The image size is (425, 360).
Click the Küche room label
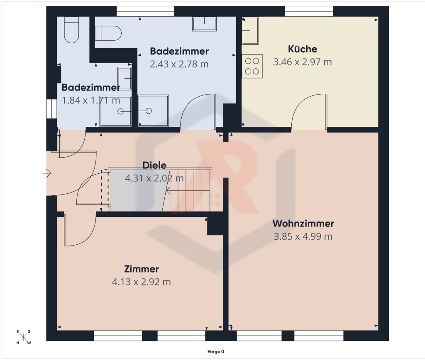coord(303,49)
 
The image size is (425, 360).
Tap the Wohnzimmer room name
coord(303,224)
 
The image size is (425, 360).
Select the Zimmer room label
coord(142,269)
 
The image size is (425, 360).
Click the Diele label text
coord(154,165)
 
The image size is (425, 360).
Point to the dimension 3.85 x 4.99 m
coord(303,236)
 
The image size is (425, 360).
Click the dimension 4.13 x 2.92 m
coord(142,282)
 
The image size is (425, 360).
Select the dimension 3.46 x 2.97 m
coord(303,62)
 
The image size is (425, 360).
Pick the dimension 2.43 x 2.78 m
coord(179,64)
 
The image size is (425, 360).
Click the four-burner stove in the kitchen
coord(252,66)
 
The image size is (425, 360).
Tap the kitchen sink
coord(250,31)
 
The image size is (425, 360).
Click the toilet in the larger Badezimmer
coord(108,33)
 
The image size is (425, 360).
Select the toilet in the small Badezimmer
coord(71,30)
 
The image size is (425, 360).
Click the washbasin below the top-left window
coord(204,24)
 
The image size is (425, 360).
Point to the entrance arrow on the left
coord(47,173)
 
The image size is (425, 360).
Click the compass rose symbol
coord(24,337)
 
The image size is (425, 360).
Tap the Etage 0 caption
coord(216,352)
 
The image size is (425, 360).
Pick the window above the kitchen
coord(309,11)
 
